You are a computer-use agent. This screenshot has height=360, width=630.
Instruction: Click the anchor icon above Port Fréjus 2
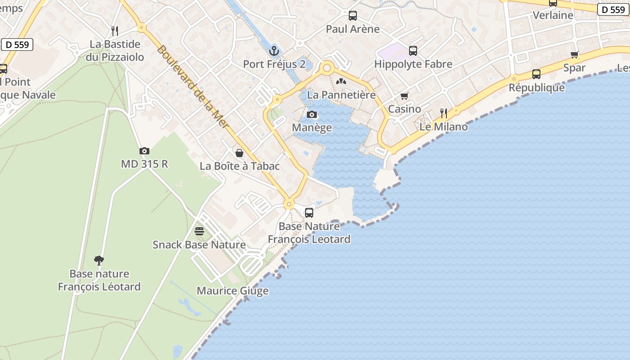click(x=274, y=50)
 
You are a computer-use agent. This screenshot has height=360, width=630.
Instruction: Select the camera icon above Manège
click(x=312, y=115)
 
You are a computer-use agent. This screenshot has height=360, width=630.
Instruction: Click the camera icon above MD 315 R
click(x=144, y=151)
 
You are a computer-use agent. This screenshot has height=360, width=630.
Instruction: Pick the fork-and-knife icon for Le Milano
click(x=444, y=113)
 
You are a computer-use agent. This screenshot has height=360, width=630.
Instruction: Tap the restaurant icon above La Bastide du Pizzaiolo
click(x=115, y=31)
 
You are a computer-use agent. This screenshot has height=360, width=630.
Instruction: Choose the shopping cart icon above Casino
click(x=404, y=96)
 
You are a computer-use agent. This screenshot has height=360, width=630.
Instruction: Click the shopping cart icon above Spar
click(x=574, y=55)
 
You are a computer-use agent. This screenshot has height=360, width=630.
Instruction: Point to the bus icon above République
click(x=536, y=74)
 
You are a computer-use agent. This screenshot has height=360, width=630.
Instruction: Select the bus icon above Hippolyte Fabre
click(x=413, y=51)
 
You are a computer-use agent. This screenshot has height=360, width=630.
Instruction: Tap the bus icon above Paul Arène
click(x=353, y=16)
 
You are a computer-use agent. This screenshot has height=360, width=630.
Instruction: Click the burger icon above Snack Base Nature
click(x=199, y=231)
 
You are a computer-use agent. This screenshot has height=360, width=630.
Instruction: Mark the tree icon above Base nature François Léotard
click(x=99, y=260)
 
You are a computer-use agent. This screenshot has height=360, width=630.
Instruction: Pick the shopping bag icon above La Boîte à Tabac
click(x=239, y=153)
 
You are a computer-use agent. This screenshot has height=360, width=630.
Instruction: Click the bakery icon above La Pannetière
click(x=341, y=82)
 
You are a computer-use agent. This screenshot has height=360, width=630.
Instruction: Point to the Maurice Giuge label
click(x=233, y=291)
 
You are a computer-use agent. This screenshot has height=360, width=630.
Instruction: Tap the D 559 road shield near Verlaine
click(x=613, y=9)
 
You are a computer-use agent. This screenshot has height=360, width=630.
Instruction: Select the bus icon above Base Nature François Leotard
click(x=309, y=213)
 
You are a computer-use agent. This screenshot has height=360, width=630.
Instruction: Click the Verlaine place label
click(x=553, y=15)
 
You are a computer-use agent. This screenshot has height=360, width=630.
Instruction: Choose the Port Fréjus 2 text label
click(x=274, y=64)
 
